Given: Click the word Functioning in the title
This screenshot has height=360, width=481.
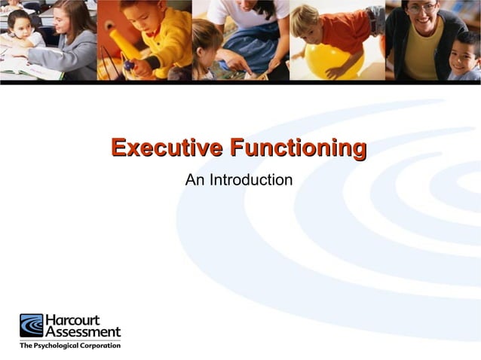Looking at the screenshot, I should pyautogui.click(x=299, y=147).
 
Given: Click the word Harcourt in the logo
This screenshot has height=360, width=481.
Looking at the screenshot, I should pyautogui.click(x=72, y=319).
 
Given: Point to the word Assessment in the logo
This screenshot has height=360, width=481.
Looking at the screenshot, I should pyautogui.click(x=82, y=331).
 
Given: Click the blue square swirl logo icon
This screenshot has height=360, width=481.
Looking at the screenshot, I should pyautogui.click(x=32, y=325).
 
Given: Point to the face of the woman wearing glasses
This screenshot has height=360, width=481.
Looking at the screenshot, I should pyautogui.click(x=422, y=17).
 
